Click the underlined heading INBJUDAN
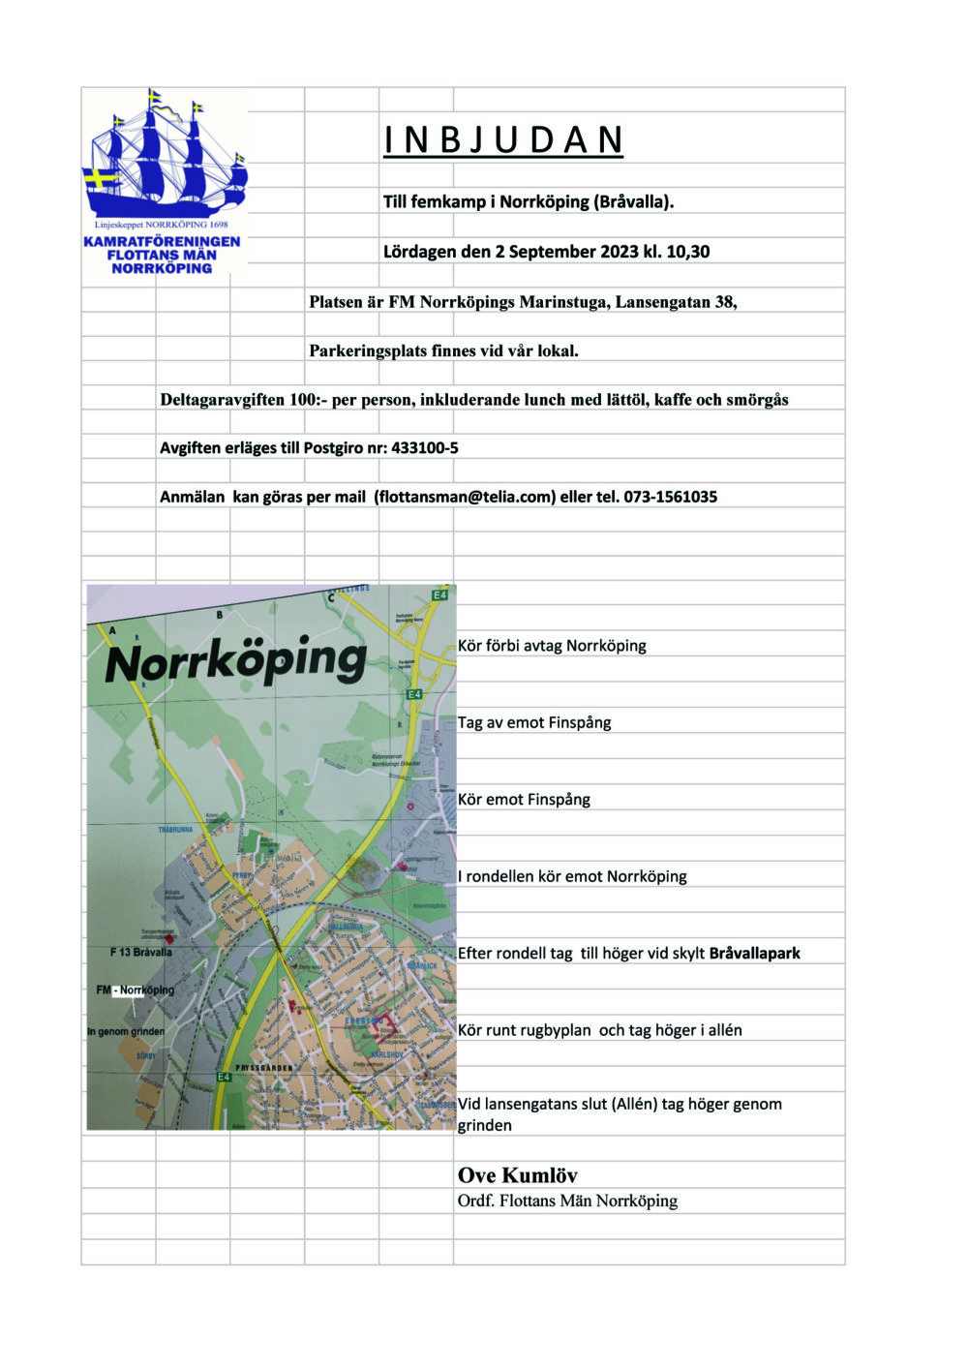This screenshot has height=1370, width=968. (x=503, y=140)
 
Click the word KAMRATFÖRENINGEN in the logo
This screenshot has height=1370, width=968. (x=162, y=241)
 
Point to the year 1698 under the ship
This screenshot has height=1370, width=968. (x=218, y=225)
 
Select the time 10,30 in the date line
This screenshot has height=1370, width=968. (x=687, y=252)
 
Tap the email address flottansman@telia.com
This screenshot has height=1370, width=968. (x=465, y=497)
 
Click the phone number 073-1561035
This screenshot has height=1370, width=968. (x=670, y=497)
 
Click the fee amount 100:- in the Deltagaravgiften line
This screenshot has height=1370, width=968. (x=308, y=400)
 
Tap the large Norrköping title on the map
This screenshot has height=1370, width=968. (x=235, y=662)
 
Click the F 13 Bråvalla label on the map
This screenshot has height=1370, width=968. (x=141, y=953)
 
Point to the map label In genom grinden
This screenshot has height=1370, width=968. (x=126, y=1031)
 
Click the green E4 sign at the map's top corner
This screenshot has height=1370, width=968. (x=440, y=594)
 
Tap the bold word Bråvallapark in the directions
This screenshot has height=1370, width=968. (x=754, y=954)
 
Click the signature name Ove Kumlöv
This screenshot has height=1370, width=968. (x=517, y=1175)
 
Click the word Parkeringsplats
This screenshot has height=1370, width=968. (x=368, y=350)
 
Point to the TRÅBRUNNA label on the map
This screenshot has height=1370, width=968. (x=176, y=831)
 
